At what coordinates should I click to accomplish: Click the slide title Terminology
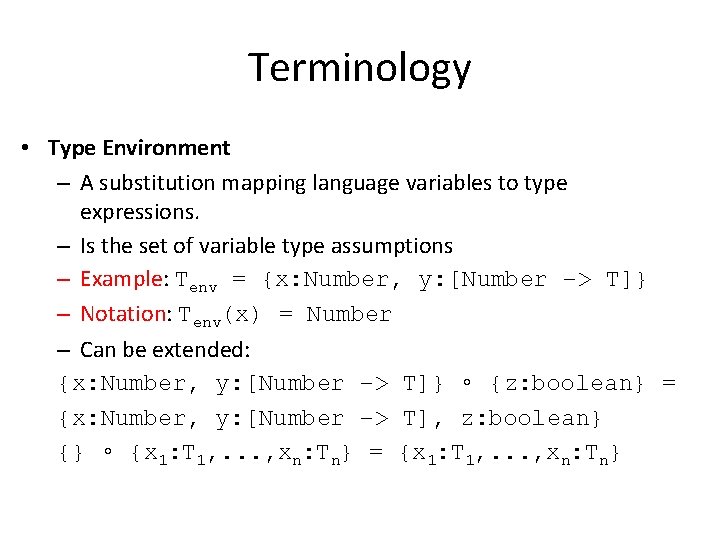click(359, 68)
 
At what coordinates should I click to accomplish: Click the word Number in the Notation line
click(349, 315)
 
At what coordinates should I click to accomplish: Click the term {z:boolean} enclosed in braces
click(569, 384)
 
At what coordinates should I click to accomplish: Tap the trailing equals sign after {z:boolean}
click(668, 384)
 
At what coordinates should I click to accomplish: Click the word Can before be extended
click(97, 349)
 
